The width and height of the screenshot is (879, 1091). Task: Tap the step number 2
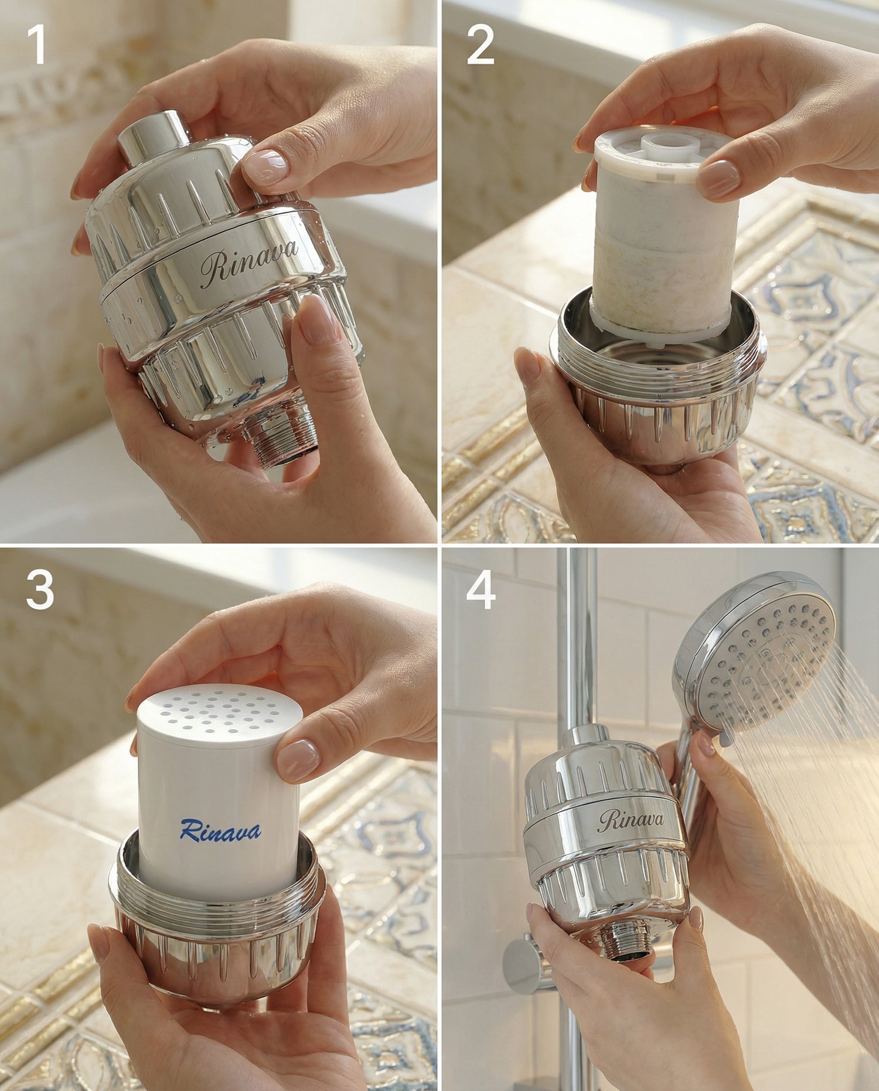coord(481,45)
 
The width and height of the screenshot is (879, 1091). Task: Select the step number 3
coord(40,590)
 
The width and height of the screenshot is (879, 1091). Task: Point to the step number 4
coord(481,590)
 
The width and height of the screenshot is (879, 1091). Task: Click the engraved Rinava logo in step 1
coord(248,263)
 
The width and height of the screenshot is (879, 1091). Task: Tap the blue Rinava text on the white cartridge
coord(220,830)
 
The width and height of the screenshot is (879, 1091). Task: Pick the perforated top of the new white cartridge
coord(219,715)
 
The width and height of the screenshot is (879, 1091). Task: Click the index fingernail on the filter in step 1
coord(265,167)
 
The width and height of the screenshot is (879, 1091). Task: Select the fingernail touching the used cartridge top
coord(719,179)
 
